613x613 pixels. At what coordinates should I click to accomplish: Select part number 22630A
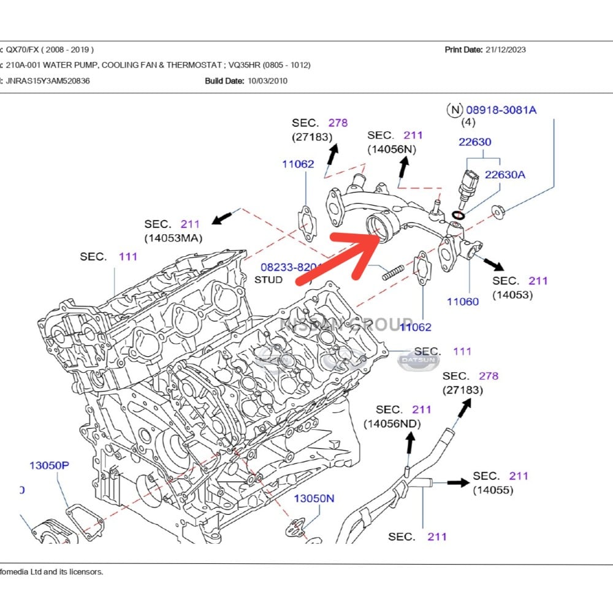(x=504, y=175)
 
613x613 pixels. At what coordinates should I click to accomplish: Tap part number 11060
(x=463, y=302)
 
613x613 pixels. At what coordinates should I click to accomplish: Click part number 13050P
(x=49, y=465)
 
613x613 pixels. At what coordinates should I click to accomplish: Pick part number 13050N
(x=314, y=498)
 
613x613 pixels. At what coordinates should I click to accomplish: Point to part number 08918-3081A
(x=501, y=110)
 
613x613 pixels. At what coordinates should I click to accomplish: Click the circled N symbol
(x=454, y=110)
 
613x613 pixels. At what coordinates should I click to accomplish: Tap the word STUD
(x=268, y=280)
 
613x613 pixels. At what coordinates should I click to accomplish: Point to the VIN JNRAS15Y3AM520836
(x=48, y=80)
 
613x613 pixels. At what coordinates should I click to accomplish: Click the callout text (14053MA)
(x=173, y=238)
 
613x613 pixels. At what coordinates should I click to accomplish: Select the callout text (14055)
(x=493, y=490)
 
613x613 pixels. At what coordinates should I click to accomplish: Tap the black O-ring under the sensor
(x=457, y=215)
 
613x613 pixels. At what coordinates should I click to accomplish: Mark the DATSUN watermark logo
(x=419, y=361)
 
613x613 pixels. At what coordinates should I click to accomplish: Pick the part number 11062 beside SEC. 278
(x=298, y=164)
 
